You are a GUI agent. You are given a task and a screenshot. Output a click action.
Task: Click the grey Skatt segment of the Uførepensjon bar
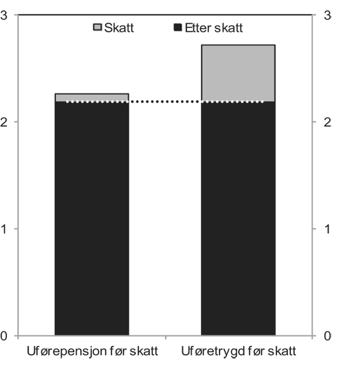91,97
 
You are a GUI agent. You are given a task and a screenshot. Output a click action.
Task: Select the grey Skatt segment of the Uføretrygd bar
238,73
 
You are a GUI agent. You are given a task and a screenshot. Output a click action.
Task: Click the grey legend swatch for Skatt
98,27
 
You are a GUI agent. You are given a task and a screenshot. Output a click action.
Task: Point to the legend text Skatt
119,27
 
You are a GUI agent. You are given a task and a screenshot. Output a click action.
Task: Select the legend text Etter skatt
213,27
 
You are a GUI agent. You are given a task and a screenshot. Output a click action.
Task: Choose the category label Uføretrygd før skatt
238,352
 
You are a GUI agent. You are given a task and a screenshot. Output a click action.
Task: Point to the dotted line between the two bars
165,102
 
